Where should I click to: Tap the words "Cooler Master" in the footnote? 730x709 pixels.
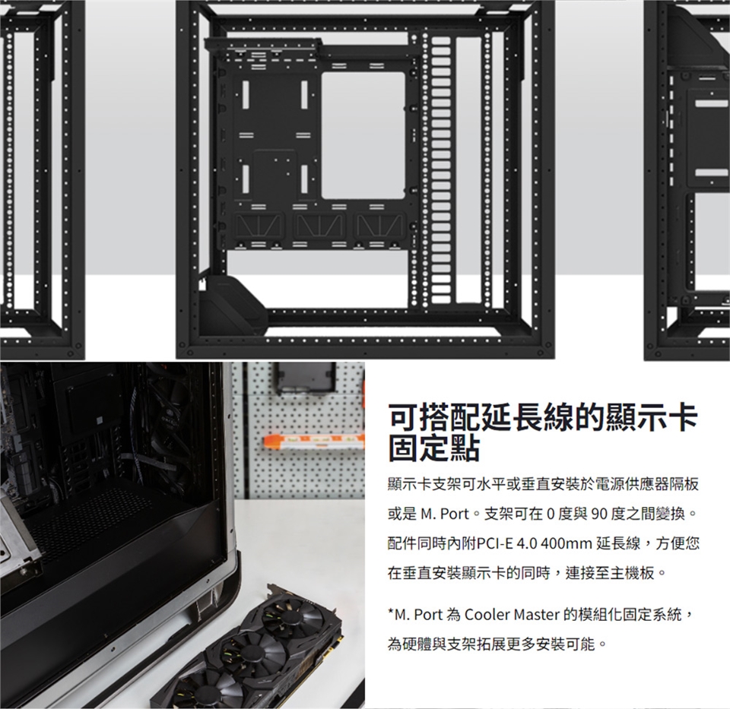[x=512, y=615]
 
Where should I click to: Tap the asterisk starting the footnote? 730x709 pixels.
[x=391, y=612]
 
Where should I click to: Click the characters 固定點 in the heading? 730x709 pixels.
[x=433, y=448]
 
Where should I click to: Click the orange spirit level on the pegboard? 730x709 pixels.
[x=313, y=442]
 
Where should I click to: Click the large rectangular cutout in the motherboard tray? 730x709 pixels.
[x=363, y=135]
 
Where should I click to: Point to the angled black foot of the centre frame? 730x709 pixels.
[x=233, y=302]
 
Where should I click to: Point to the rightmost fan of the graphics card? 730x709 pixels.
[x=292, y=614]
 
